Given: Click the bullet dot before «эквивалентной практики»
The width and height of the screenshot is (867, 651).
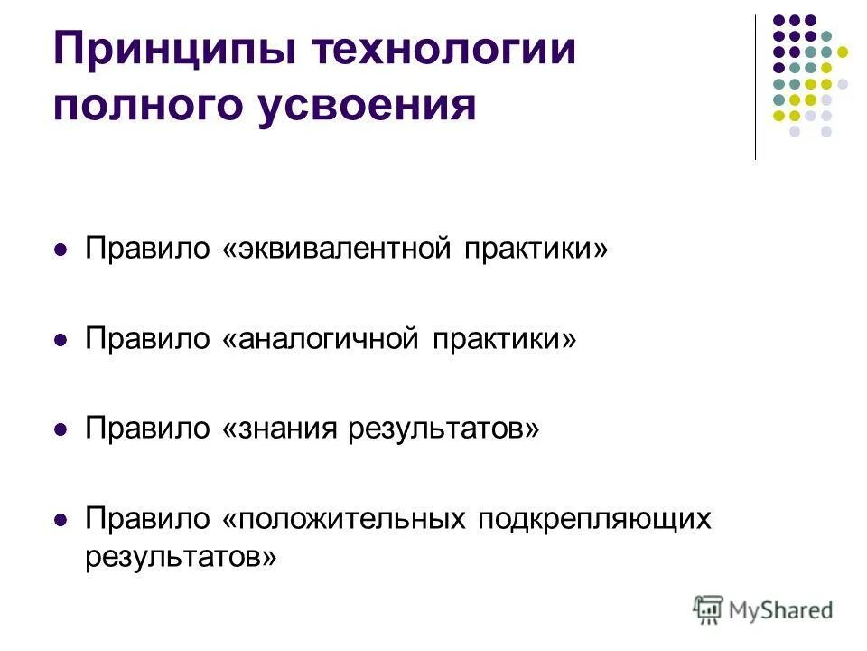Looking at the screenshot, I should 61,250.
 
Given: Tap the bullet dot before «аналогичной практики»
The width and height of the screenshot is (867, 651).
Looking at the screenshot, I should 61,340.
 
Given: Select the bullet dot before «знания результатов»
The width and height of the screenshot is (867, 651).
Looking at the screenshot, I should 61,430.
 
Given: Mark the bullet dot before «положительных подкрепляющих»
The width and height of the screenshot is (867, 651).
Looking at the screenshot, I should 61,521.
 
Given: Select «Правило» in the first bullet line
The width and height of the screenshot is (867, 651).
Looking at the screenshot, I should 147,249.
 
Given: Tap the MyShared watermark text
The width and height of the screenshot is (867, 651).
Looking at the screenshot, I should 780,609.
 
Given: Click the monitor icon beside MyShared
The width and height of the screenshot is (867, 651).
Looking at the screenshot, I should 709,609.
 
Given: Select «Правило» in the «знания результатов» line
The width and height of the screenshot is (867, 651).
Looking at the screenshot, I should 147,429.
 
